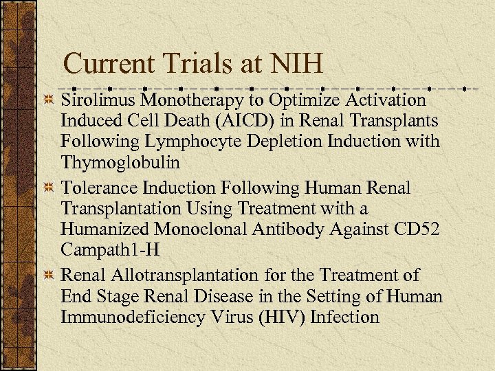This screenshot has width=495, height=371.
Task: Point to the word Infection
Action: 345,318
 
